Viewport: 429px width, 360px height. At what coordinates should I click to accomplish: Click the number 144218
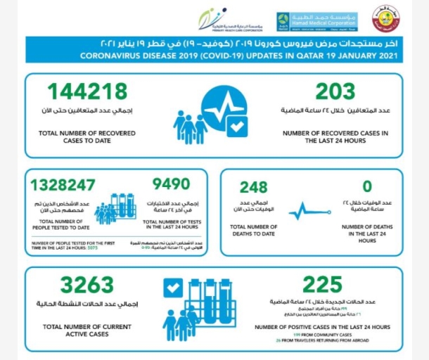coord(88,91)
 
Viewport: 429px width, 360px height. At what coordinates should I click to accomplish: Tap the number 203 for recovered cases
coord(335,91)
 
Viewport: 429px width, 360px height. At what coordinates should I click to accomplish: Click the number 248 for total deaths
coord(253,188)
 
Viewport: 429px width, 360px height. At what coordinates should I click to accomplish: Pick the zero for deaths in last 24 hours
coord(364,188)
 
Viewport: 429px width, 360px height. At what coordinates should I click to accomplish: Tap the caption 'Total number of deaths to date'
coord(254,230)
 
